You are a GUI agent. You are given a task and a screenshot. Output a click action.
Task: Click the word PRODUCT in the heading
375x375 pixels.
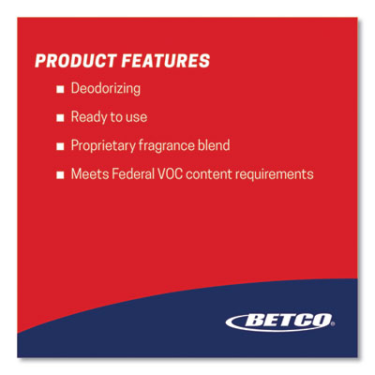(76, 61)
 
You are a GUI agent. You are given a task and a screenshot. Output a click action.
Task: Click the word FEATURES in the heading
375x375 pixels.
(166, 61)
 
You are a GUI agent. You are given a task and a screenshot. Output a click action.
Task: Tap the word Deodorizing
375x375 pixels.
(106, 89)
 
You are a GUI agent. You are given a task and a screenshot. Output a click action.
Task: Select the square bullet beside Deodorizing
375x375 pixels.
(60, 89)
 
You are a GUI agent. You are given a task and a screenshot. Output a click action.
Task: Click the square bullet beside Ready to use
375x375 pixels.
(60, 118)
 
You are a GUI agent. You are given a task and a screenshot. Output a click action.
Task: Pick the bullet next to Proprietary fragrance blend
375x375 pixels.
(60, 146)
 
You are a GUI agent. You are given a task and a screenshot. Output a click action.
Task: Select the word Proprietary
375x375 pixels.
(102, 146)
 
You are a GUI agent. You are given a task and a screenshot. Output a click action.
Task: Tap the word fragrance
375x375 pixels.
(166, 146)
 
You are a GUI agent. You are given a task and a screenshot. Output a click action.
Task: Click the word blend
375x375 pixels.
(214, 145)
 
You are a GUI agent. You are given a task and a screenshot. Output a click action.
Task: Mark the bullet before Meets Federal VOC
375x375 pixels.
(60, 174)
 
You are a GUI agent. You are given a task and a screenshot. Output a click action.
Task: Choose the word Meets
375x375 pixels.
(90, 174)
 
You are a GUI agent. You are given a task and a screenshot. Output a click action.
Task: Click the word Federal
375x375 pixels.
(133, 174)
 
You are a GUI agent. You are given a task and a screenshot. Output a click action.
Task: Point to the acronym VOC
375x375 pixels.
(170, 174)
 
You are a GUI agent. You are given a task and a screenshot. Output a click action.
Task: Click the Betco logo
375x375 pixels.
(279, 322)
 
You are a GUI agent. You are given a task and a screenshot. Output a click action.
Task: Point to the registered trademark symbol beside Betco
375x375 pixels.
(333, 324)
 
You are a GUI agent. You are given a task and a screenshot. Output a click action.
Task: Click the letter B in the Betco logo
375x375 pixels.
(255, 321)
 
